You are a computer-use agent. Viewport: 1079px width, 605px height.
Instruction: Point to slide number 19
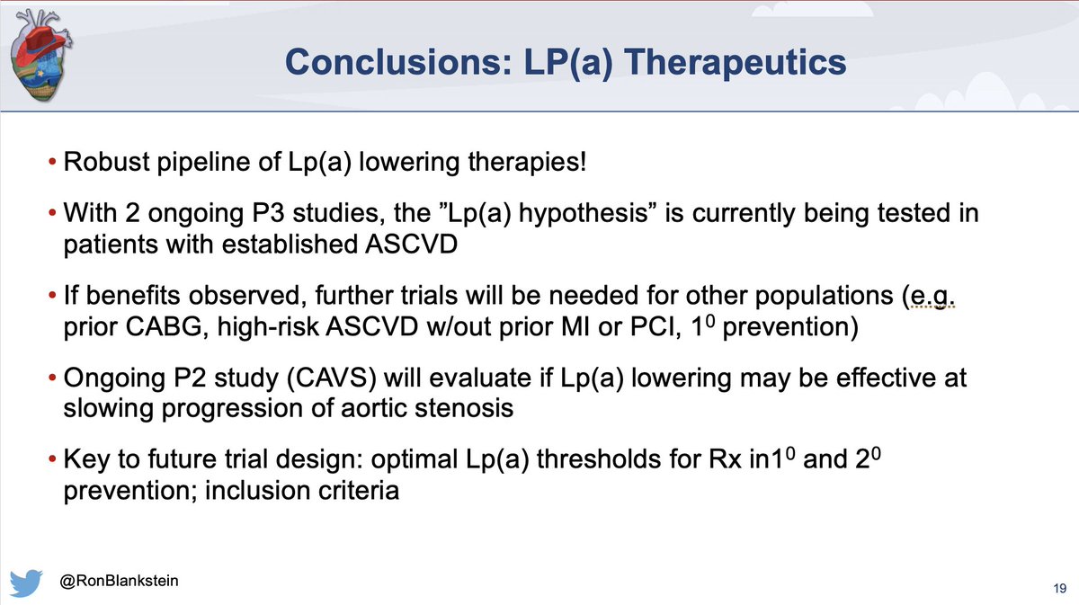(x=1057, y=587)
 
